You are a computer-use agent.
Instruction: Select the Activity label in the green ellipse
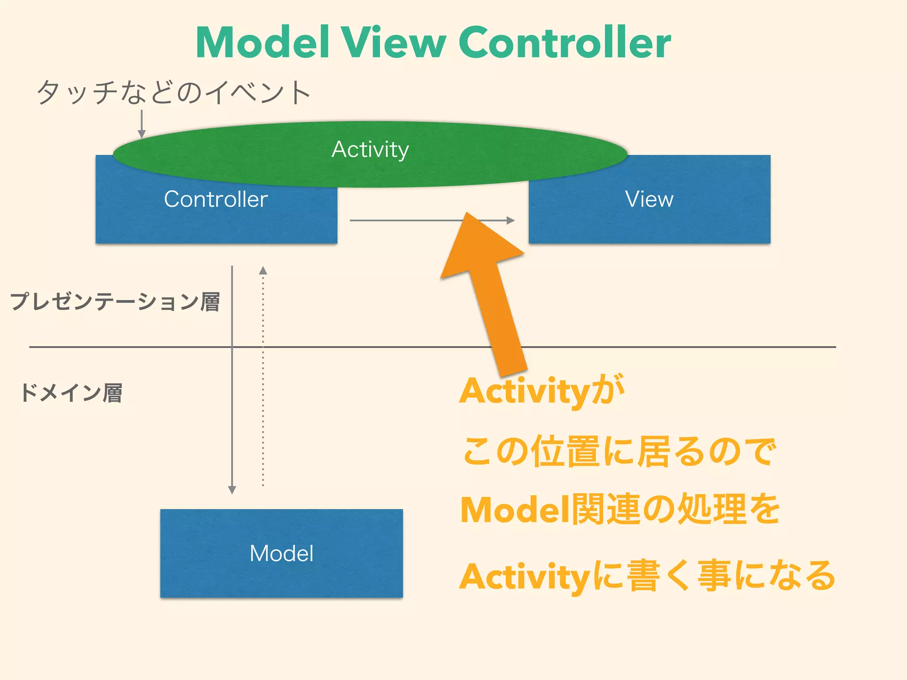pos(370,150)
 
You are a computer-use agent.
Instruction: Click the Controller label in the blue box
pos(216,199)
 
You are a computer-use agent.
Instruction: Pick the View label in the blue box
pos(649,199)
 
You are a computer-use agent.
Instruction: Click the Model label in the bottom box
pos(282,553)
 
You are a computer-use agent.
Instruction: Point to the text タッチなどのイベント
pos(174,93)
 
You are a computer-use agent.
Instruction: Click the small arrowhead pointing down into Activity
pos(142,134)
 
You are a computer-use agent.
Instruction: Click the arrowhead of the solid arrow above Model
pos(232,490)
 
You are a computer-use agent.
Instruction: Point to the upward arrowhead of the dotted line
pos(263,270)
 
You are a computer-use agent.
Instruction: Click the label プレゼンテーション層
pos(115,302)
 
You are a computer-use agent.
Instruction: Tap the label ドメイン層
pos(71,393)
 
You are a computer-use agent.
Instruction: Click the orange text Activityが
pos(541,391)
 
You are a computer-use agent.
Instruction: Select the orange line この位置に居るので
pos(618,452)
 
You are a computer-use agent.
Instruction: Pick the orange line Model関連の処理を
pos(620,510)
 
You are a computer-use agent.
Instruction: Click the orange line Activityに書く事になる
pos(647,576)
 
